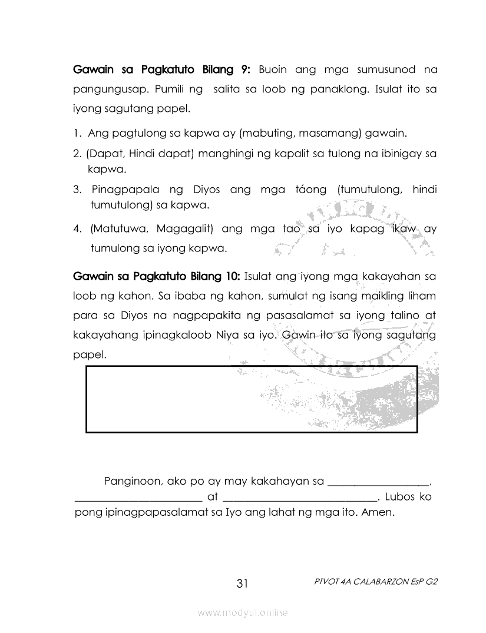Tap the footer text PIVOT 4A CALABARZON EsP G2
(x=377, y=581)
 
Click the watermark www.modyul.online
(x=243, y=613)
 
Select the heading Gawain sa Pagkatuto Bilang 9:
(x=162, y=70)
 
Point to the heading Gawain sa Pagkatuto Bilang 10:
(x=156, y=275)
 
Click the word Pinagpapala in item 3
(x=125, y=190)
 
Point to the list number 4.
(x=77, y=228)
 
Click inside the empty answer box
(x=252, y=399)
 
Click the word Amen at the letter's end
(x=378, y=512)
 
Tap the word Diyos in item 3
(x=206, y=190)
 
